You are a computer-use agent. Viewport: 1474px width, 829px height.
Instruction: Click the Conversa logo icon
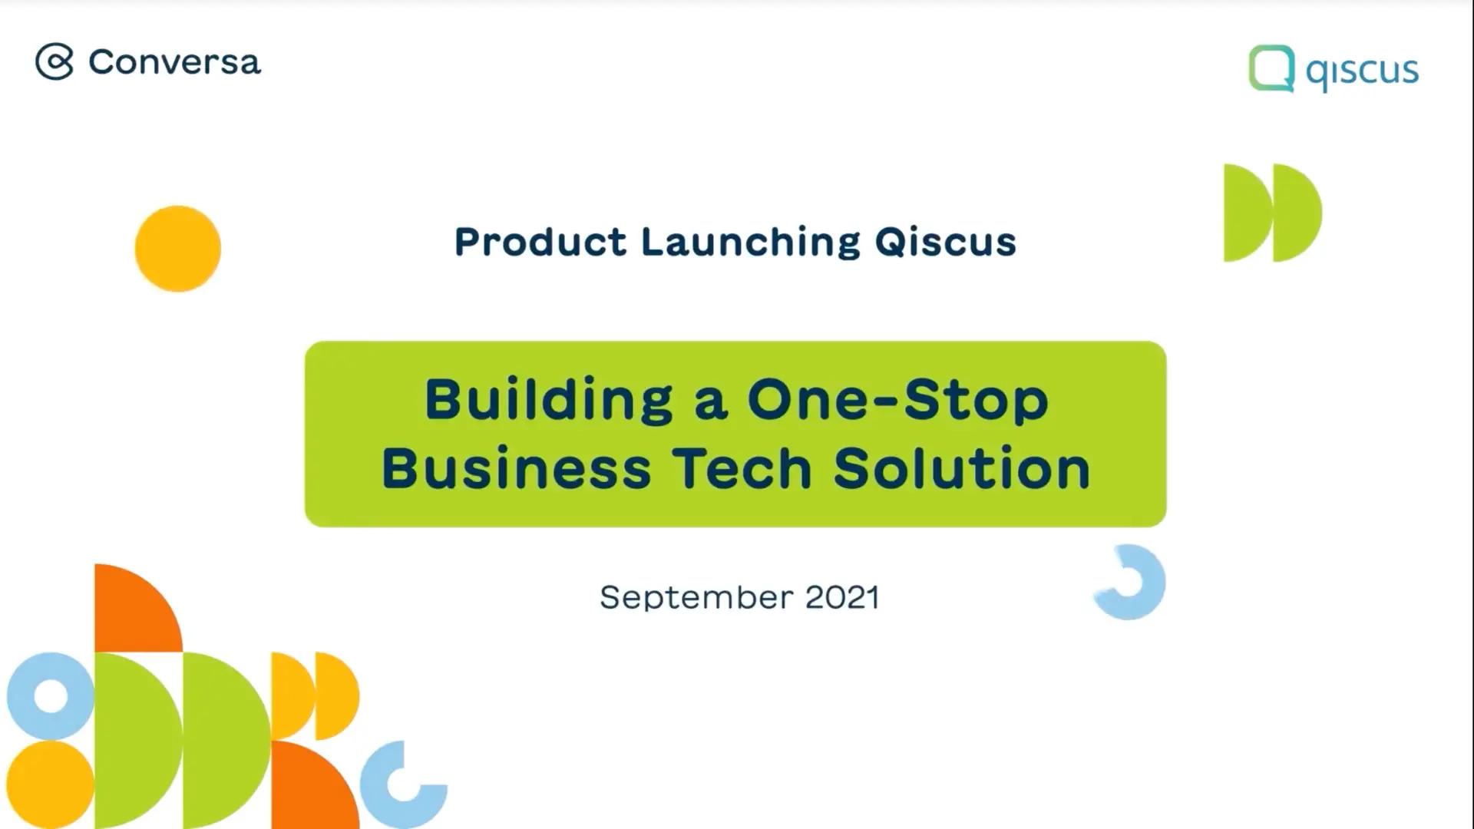click(55, 61)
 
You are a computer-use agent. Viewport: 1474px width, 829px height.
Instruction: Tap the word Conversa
click(174, 62)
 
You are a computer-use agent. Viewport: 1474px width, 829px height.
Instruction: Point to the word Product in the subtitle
click(540, 242)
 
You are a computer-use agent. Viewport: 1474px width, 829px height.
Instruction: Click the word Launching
click(751, 243)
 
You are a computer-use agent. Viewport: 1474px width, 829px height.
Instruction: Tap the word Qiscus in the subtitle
click(946, 242)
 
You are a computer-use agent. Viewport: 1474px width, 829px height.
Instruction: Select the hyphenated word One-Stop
click(897, 401)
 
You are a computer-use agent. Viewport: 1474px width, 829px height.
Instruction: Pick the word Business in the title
click(517, 467)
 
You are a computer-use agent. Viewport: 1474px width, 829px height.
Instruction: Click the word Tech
click(742, 468)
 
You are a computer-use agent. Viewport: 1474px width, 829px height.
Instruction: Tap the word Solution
click(962, 468)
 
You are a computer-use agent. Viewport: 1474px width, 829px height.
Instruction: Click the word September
click(696, 598)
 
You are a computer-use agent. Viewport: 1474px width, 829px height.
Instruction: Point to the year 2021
click(842, 597)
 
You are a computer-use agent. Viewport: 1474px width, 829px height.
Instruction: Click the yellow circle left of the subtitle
click(177, 249)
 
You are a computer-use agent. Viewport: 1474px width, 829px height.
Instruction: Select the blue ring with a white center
click(30, 696)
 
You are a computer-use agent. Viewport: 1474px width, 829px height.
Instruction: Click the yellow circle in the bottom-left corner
click(50, 784)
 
